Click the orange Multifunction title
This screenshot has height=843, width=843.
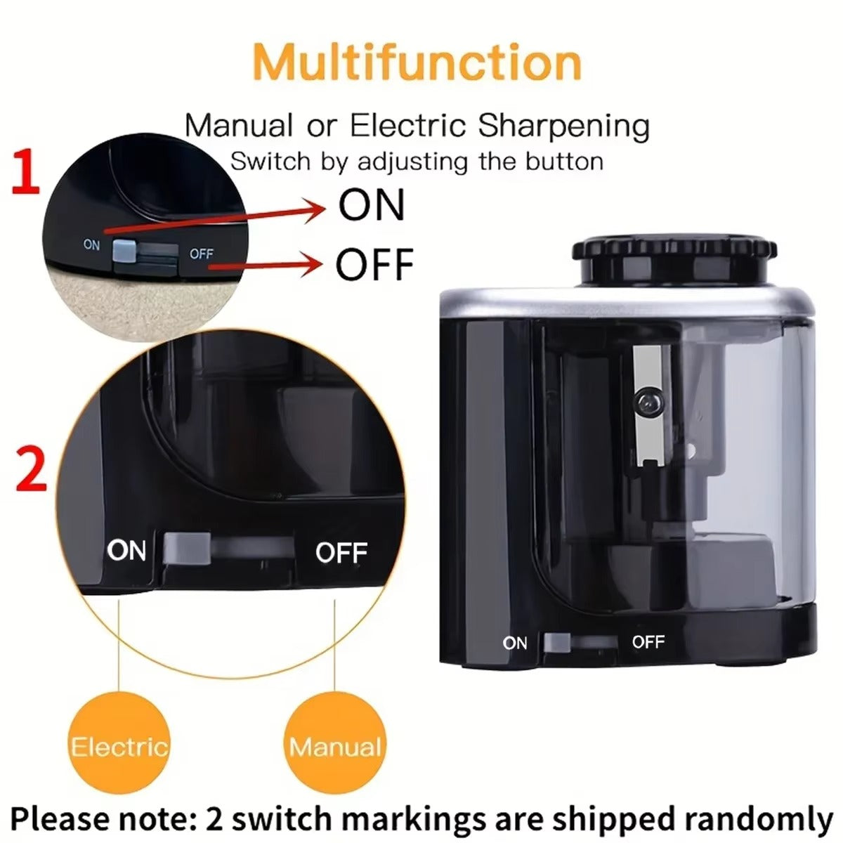[417, 62]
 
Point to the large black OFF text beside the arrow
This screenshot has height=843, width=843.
[374, 264]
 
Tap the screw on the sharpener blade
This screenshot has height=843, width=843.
[647, 403]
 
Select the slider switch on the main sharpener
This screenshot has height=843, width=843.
[557, 642]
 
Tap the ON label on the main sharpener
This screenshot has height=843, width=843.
[515, 642]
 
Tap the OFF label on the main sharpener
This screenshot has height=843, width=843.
[648, 641]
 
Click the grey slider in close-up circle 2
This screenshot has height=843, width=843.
[188, 549]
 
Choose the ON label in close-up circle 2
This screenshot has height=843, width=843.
[127, 550]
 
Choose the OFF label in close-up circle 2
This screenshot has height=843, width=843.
[341, 552]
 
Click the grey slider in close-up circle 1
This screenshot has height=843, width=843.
[124, 249]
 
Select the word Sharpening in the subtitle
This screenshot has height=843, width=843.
[563, 126]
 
